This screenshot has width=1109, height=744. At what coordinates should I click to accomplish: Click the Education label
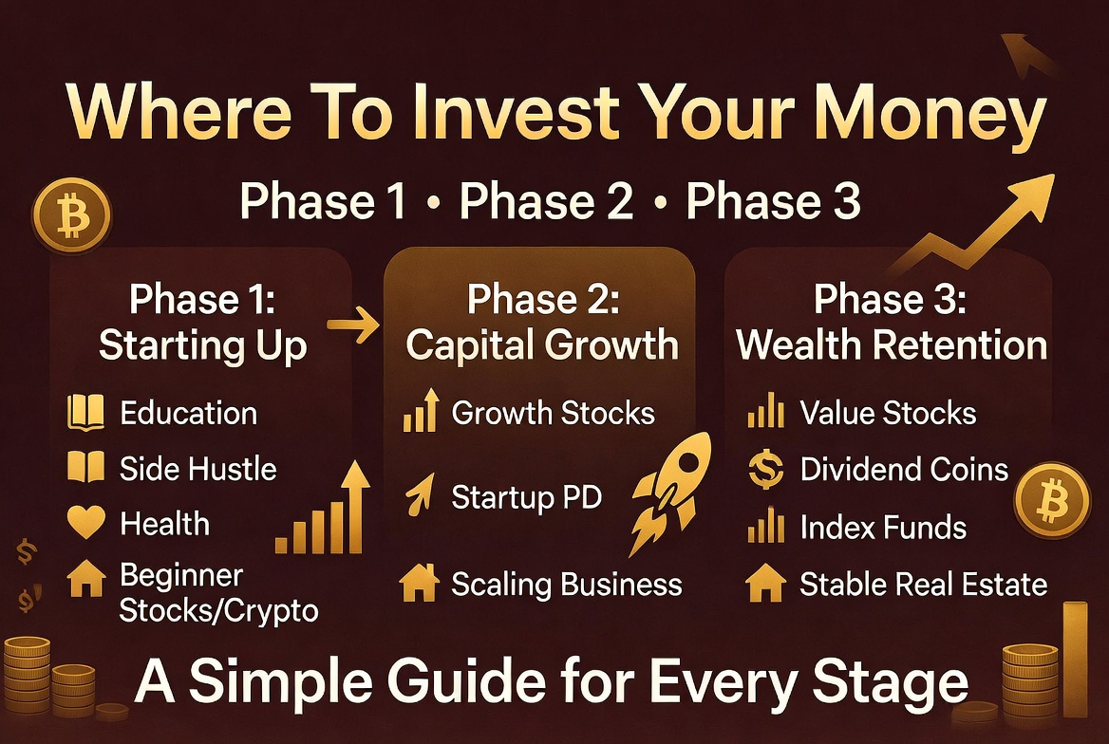[x=188, y=414]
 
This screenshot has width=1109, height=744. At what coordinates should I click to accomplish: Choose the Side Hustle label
[x=197, y=469]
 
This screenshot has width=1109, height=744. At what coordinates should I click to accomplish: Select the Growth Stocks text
[x=553, y=414]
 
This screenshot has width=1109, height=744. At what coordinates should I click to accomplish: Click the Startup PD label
[x=526, y=497]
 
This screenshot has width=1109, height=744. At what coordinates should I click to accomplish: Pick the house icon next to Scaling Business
[x=418, y=584]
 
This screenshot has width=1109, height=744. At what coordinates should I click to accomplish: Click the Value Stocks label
[x=888, y=414]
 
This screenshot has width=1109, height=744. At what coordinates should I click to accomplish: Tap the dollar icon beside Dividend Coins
[x=765, y=471]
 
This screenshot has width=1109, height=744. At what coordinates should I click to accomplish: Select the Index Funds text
[x=883, y=528]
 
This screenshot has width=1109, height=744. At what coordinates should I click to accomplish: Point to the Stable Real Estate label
[x=923, y=585]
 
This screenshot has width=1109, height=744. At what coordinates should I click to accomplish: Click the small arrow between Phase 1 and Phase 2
[x=352, y=326]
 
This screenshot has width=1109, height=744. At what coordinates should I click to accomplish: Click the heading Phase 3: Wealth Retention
[x=892, y=323]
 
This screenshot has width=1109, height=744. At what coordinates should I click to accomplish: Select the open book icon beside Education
[x=85, y=414]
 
